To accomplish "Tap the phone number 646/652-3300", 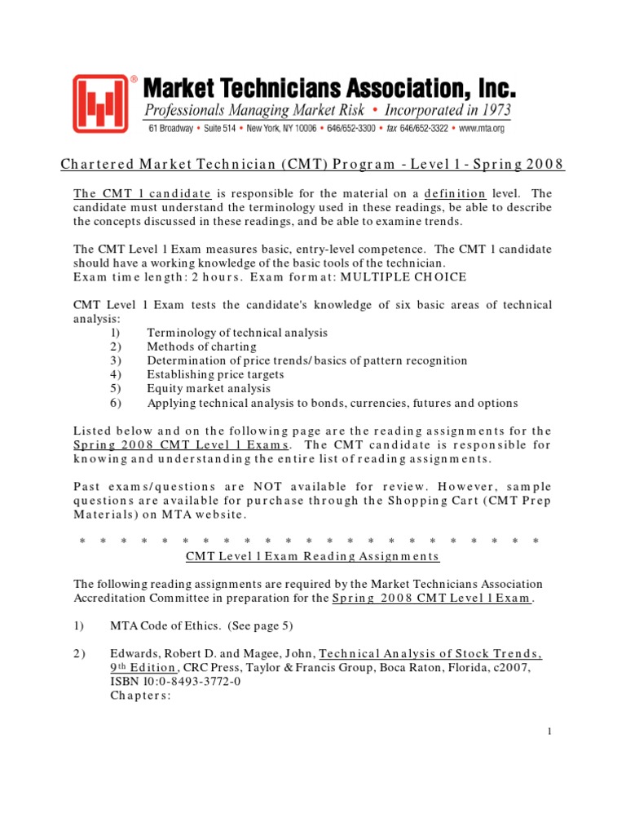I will [x=358, y=129].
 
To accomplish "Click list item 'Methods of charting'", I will [x=201, y=347].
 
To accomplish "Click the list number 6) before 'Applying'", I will [x=113, y=404].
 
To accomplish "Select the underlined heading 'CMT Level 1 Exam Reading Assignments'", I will [x=313, y=556].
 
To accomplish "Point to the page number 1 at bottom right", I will [x=550, y=732].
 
